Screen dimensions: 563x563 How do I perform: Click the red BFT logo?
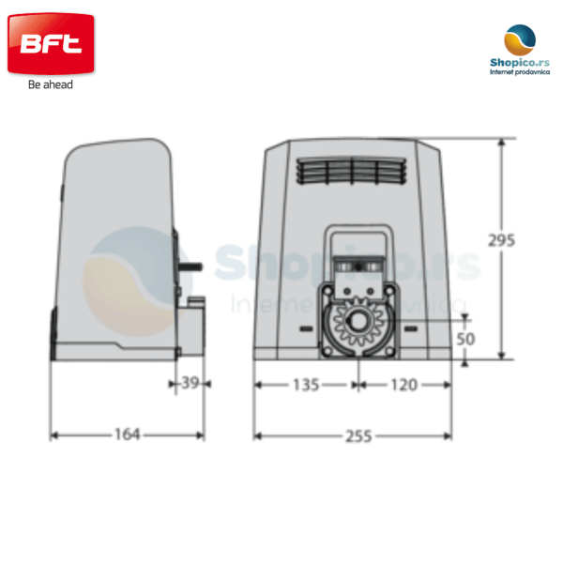coord(51,43)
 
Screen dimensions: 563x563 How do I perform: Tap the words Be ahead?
coord(51,84)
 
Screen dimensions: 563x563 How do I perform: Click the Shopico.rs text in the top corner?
coord(520,63)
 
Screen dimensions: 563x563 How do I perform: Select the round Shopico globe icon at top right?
coord(520,39)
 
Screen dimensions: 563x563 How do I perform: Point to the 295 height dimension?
coord(501,240)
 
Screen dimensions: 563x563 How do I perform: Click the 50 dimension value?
coord(465,339)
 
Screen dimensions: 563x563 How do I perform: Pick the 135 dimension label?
coord(306,385)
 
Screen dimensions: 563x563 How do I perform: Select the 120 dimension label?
coord(403,385)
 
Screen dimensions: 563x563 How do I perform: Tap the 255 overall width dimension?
coord(358,436)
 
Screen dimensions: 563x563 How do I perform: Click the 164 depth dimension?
coord(127,434)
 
